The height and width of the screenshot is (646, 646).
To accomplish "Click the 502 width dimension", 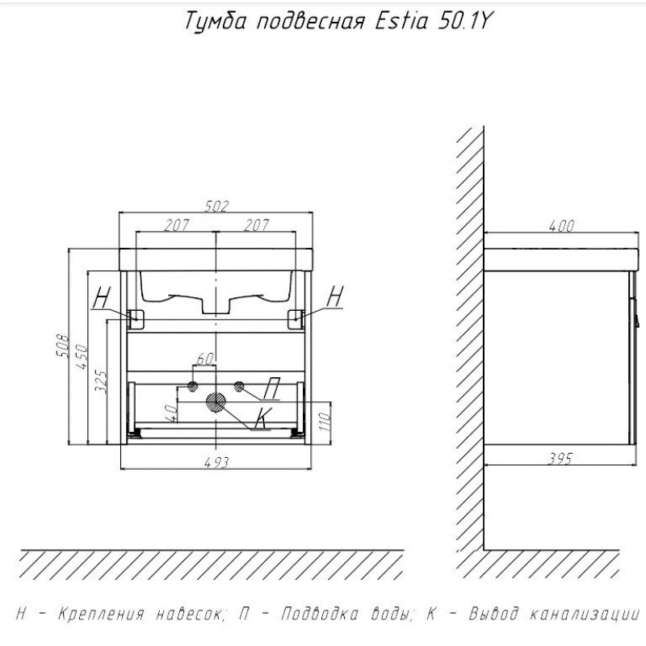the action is (x=216, y=206).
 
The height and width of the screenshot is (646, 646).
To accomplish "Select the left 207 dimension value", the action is (x=176, y=225).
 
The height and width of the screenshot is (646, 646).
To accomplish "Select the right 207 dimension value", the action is (x=256, y=225).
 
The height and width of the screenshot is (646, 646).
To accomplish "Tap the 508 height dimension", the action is (x=63, y=346).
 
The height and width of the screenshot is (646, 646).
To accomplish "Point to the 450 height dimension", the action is (x=82, y=356).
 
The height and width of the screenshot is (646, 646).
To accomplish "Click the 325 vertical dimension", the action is (x=101, y=381).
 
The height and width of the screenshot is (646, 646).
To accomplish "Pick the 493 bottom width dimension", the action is (x=216, y=462).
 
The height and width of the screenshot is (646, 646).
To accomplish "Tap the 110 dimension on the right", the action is (x=325, y=421).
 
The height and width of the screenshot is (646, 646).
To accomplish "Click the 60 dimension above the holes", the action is (x=205, y=359).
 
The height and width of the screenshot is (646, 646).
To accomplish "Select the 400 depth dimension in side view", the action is (x=561, y=226).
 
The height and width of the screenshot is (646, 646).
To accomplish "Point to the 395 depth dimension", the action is (x=560, y=458).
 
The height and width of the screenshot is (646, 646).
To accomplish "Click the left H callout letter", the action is (x=102, y=297).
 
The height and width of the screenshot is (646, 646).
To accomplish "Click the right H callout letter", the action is (x=335, y=296).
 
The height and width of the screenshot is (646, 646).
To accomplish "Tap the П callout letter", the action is (x=271, y=388).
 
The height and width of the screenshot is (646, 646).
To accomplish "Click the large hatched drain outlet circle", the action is (x=216, y=402).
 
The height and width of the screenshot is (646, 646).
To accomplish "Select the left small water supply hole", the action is (x=192, y=387).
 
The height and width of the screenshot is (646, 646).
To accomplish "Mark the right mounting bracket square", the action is (x=296, y=319).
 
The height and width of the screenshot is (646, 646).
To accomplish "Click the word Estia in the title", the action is (x=401, y=21).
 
